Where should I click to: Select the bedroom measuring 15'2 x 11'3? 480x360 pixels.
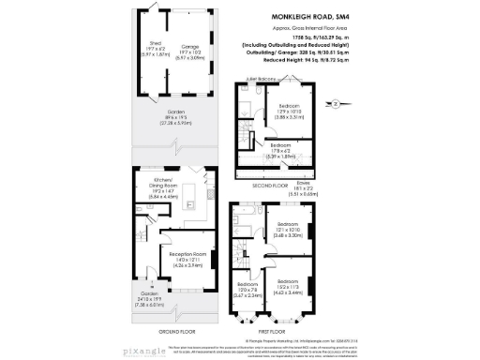(289, 288)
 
